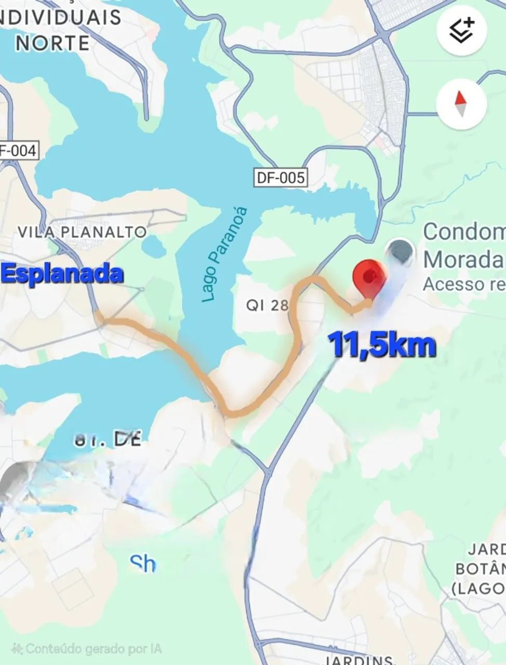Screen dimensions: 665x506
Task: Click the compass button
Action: coord(461,104)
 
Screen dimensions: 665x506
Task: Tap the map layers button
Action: coord(461,31)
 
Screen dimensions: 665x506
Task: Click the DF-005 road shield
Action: coord(281,178)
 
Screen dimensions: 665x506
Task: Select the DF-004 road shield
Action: coord(18,151)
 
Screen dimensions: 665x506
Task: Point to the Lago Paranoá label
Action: coord(224,255)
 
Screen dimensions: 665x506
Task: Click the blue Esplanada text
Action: coord(63,274)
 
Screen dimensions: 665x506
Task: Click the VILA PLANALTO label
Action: coord(82,232)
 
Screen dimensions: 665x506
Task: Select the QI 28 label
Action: coord(267,305)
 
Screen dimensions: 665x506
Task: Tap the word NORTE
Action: coord(52,43)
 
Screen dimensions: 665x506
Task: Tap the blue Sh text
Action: coord(142,563)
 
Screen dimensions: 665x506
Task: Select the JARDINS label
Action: coord(358,660)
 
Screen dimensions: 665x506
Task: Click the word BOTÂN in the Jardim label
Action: coord(480,569)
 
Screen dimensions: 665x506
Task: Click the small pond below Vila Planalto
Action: coord(154,247)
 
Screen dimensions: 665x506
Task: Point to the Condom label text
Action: coord(464,232)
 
